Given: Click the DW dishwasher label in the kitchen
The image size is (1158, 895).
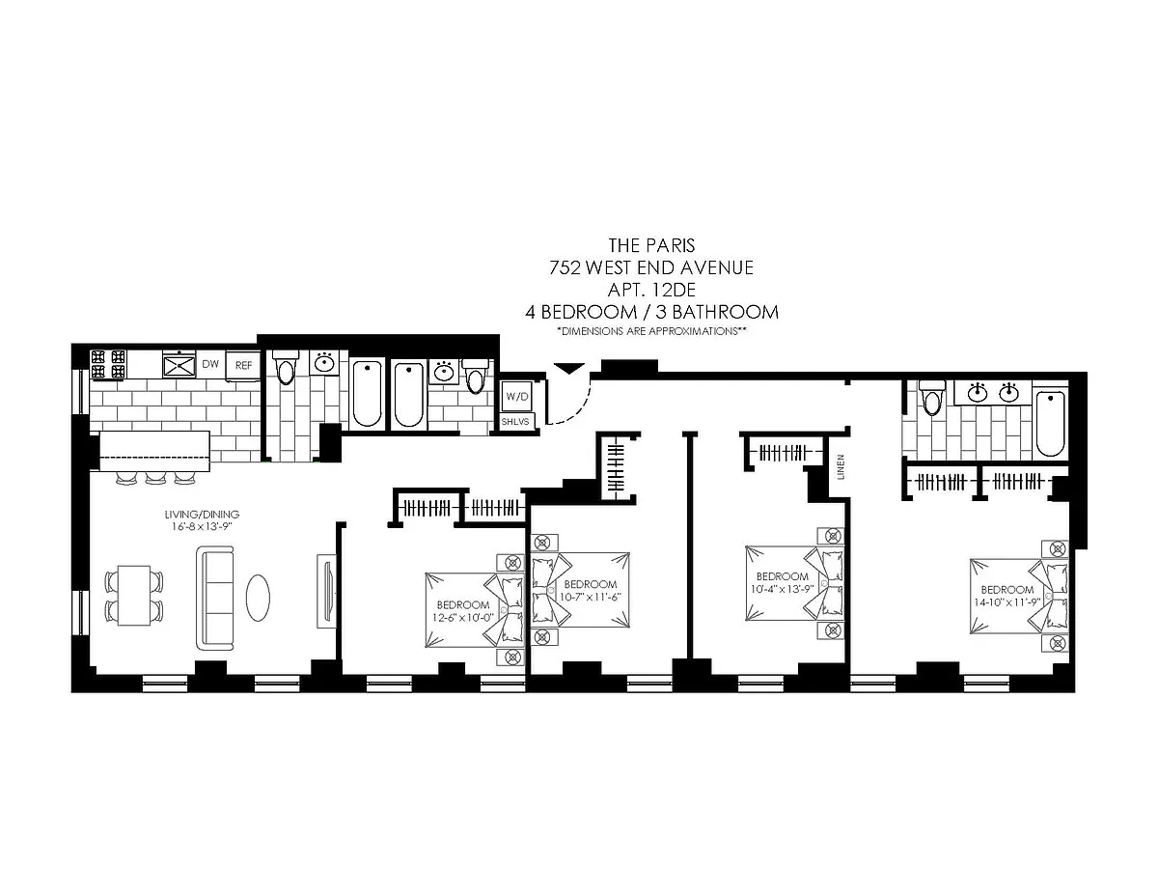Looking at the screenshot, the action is pos(210,364).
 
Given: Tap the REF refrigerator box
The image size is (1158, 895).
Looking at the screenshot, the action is pos(243,365).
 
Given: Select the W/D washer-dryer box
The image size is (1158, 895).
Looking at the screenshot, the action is pos(517,396).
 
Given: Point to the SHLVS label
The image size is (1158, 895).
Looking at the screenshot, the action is pos(516,422).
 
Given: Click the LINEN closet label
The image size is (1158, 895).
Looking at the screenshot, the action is pos(841,467).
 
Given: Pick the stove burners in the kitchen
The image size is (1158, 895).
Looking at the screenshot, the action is pos(109,365).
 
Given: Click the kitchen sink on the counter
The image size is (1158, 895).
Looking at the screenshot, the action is pos(179,365).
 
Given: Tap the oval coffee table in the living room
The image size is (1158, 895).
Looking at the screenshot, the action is pos(258,598).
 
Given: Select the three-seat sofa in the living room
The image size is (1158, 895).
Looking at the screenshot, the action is pos(215,598).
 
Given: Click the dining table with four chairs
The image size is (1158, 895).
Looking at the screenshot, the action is pos(134,595).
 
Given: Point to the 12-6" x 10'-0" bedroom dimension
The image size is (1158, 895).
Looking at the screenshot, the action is pos(462,618).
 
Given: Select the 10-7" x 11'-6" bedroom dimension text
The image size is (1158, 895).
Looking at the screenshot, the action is pos(590,597).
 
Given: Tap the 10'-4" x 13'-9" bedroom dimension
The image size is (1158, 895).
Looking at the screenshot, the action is pos(782,589).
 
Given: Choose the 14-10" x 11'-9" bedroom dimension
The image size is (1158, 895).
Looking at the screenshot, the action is pos(1007,602).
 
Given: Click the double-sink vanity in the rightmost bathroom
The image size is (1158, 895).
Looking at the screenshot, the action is pos(993,393).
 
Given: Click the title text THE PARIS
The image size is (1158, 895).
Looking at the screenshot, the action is pos(651,245).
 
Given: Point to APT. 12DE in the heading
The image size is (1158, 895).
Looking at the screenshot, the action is pos(651,290).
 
